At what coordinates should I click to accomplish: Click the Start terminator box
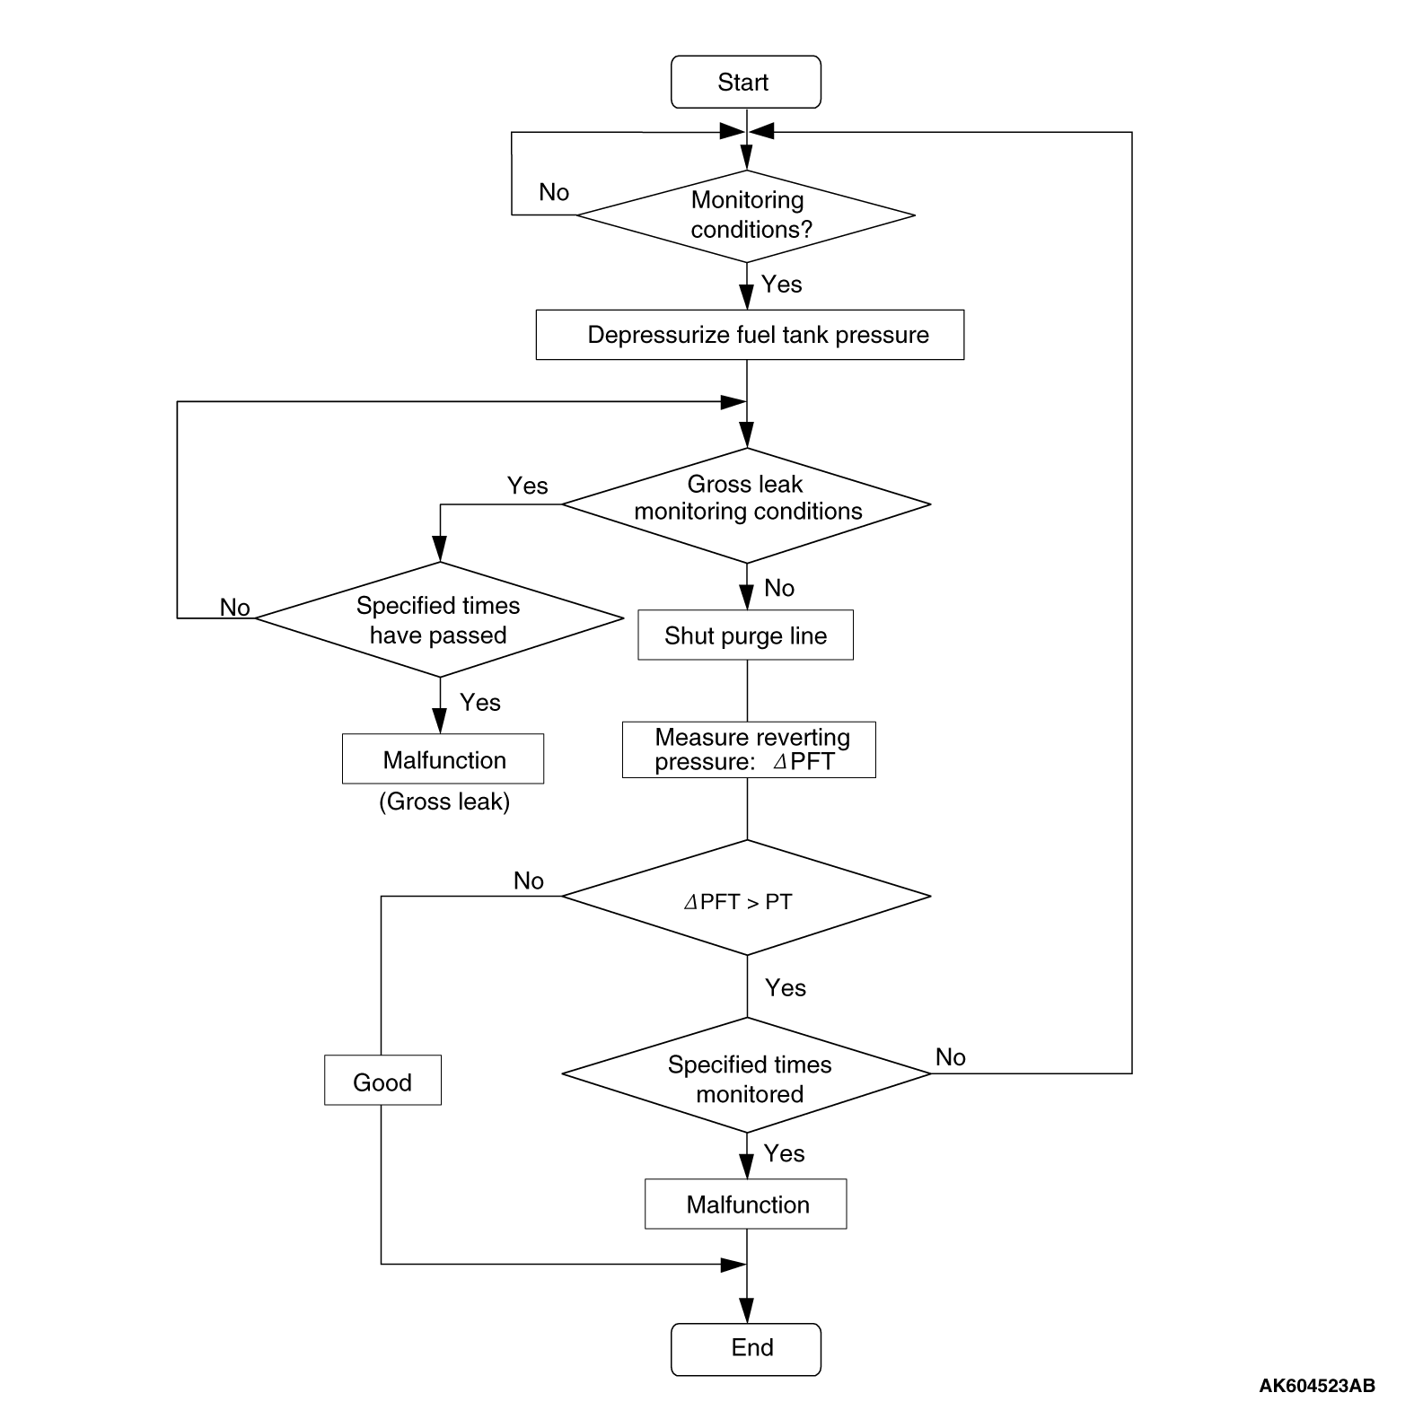tap(745, 82)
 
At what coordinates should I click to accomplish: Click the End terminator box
tap(745, 1349)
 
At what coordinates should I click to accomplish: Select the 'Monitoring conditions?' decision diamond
tap(745, 215)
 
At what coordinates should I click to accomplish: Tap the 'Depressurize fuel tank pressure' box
tap(750, 335)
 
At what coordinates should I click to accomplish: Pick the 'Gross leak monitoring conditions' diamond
tap(746, 504)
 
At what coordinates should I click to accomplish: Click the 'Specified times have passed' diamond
tap(439, 619)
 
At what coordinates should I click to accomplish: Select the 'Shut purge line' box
tap(745, 635)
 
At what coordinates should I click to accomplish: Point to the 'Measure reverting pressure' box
tap(749, 749)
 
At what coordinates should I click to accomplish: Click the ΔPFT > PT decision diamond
tap(746, 897)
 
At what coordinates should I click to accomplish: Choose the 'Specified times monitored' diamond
tap(746, 1074)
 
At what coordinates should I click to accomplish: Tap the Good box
tap(382, 1080)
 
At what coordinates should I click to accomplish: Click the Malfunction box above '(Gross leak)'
tap(443, 758)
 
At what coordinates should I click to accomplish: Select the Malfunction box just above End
tap(745, 1204)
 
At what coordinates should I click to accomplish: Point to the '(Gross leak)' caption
tap(444, 801)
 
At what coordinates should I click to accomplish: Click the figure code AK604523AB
tap(1317, 1385)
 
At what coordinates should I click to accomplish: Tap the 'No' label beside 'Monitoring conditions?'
tap(554, 192)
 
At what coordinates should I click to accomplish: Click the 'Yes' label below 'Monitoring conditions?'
tap(781, 284)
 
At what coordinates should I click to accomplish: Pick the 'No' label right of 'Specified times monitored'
tap(951, 1056)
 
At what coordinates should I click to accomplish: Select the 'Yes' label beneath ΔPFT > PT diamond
tap(786, 987)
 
